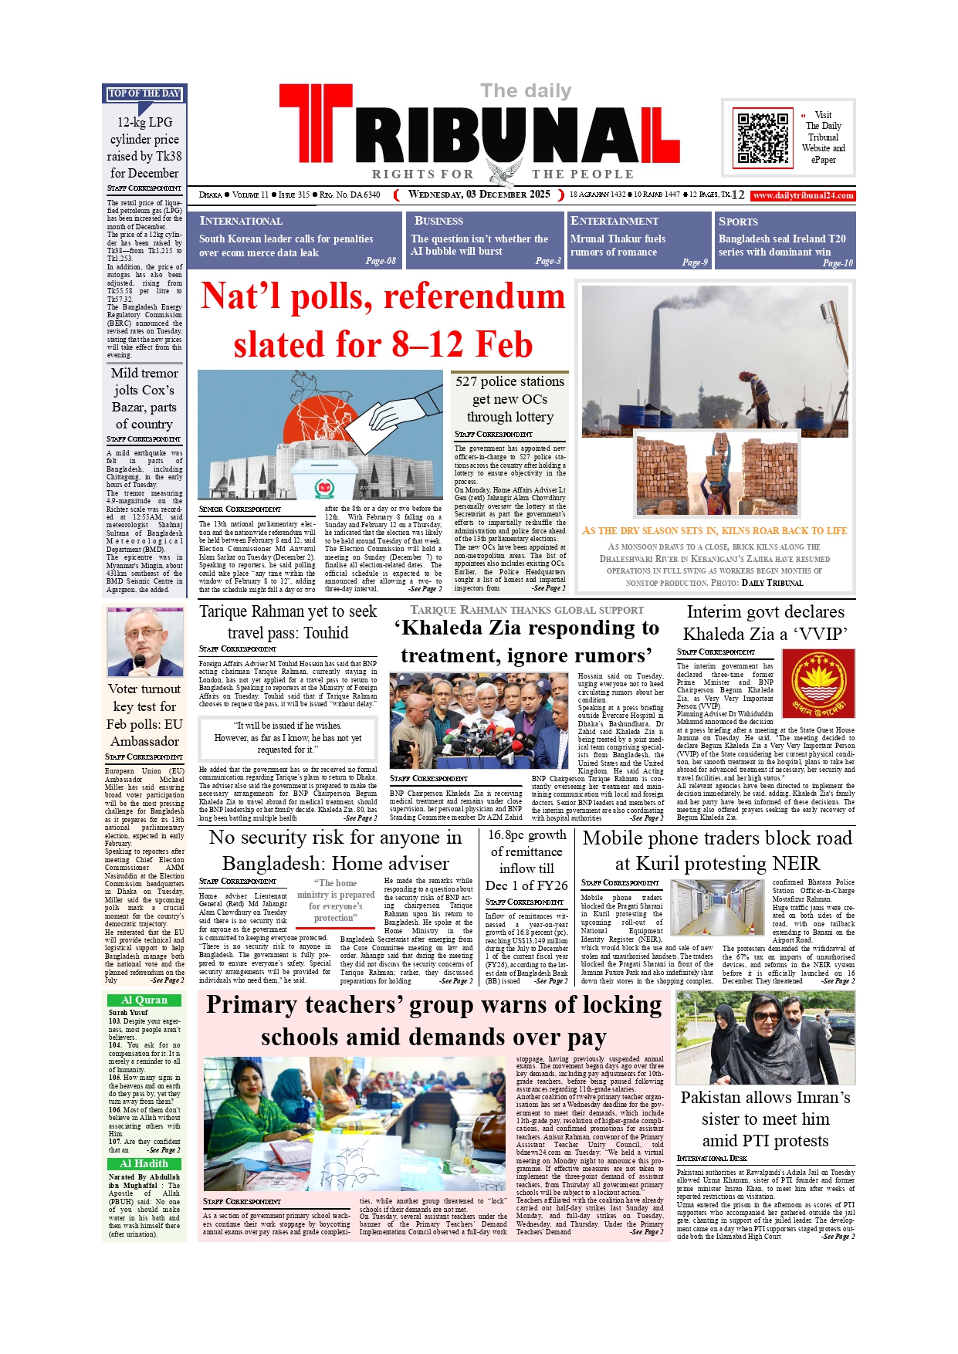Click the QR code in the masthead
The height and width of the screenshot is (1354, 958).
763,138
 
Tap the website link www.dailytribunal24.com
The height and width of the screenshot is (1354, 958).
803,196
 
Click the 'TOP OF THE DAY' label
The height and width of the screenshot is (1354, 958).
144,93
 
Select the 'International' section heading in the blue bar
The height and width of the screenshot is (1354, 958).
241,221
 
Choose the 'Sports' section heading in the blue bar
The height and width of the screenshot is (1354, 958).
738,221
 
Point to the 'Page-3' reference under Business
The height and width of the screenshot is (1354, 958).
548,261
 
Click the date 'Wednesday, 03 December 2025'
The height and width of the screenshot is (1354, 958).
479,195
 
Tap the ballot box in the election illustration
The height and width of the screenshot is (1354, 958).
325,478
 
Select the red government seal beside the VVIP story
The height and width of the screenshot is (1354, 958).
818,683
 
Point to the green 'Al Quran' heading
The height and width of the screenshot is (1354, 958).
144,1000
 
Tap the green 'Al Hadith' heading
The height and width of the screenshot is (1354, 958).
144,1163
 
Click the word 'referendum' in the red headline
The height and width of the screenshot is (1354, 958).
474,296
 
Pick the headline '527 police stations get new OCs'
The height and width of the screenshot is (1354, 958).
509,398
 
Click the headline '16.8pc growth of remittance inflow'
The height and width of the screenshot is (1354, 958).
526,860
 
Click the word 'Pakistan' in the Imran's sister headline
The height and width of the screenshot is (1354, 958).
720,1098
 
